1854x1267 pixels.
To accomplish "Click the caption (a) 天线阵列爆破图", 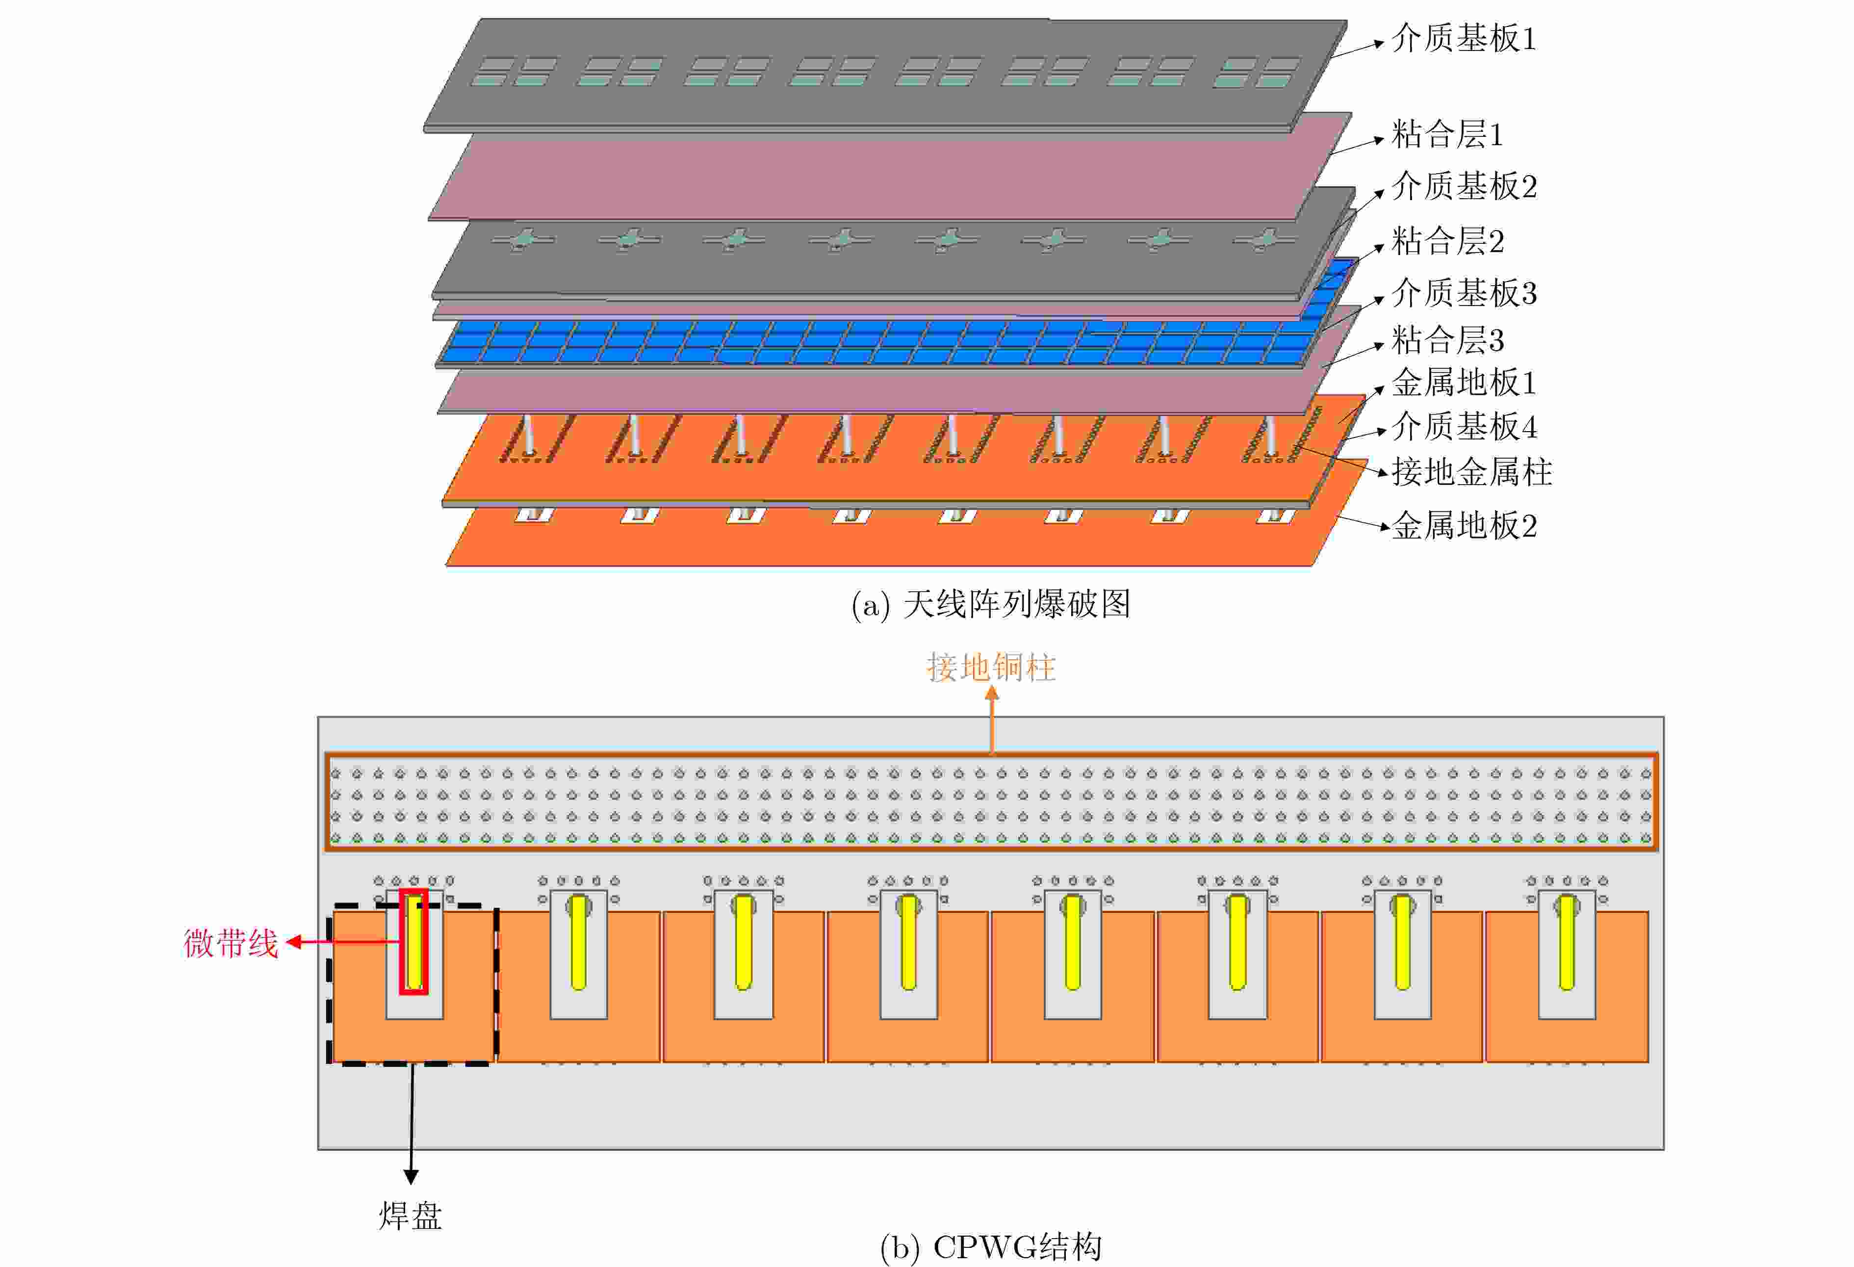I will click(990, 604).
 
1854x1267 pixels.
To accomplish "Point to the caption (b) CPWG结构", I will click(990, 1246).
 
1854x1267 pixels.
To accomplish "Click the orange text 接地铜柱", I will click(991, 667).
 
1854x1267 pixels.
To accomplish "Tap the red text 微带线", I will click(231, 943).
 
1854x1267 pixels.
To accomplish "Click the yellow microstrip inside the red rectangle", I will click(414, 941).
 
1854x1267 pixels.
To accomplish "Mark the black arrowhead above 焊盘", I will click(411, 1176).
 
